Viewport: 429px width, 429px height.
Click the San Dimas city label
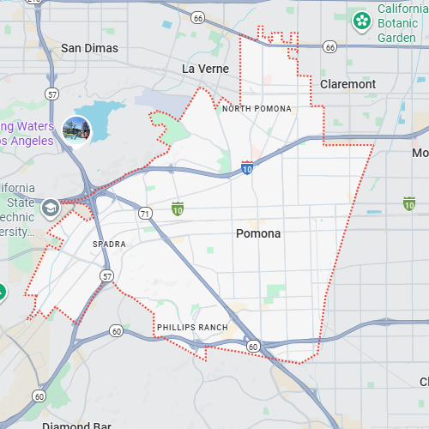coord(88,48)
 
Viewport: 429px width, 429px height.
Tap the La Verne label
coord(202,68)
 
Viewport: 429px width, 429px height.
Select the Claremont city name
coord(347,84)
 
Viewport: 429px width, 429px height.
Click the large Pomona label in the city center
coord(258,233)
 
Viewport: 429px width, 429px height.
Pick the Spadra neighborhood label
coord(109,245)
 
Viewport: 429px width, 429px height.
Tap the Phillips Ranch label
coord(192,328)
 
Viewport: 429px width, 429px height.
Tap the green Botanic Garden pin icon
coord(362,19)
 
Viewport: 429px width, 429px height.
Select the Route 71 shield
coord(145,213)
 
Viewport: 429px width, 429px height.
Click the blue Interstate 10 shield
coord(247,168)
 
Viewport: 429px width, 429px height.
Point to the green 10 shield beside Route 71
coord(178,208)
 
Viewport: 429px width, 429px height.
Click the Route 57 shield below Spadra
coord(106,275)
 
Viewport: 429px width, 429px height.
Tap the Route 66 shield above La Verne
coord(198,17)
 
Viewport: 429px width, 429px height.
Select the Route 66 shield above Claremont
coord(329,46)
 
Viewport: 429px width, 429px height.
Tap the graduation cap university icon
coord(51,208)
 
